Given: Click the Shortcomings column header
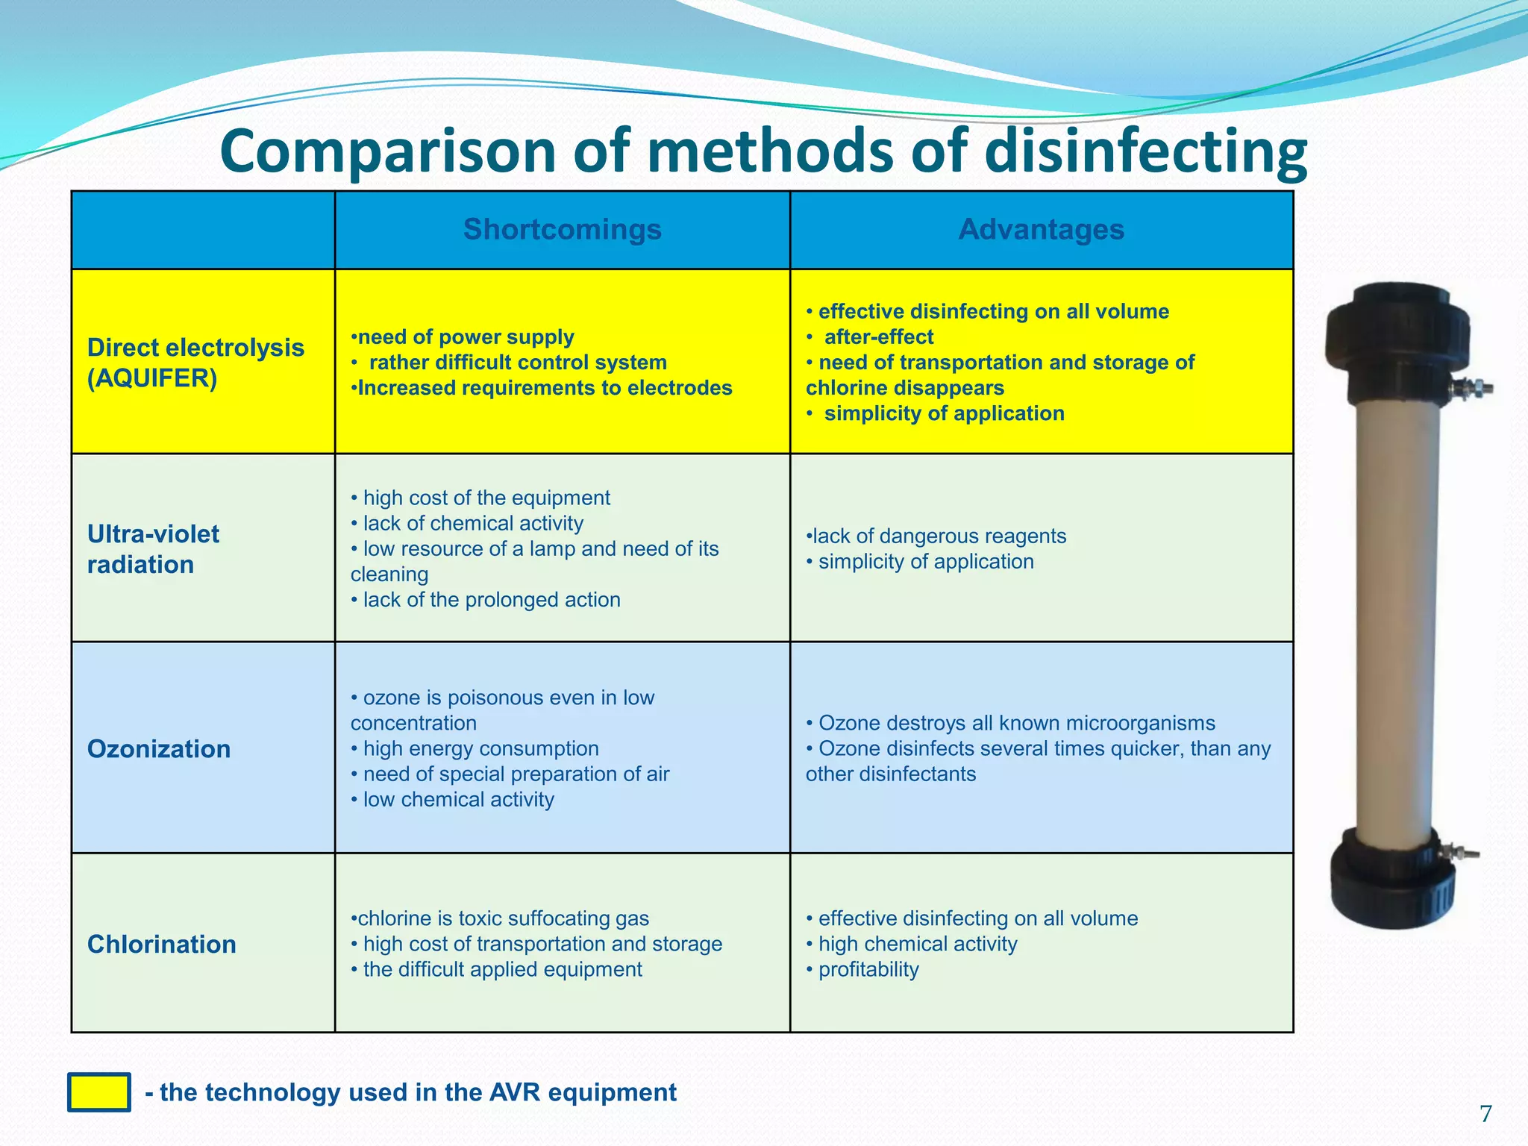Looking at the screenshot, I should click(562, 229).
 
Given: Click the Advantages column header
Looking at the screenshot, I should click(1041, 229).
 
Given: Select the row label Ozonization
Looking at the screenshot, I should click(159, 748).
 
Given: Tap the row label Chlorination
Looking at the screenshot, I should click(162, 944).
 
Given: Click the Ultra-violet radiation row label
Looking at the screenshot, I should click(153, 549).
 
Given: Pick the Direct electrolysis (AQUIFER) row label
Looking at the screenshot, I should click(195, 363).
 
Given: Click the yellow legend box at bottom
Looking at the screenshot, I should click(99, 1092).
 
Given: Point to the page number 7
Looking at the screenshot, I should click(1485, 1114).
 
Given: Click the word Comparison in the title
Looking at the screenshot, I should click(388, 151).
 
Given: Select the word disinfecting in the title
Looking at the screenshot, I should click(1145, 151).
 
